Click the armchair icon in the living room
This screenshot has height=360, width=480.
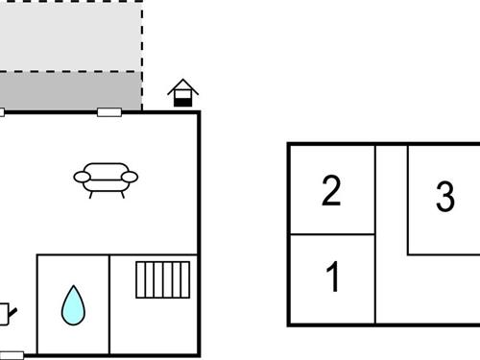[106, 179]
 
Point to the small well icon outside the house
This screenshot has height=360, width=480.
[182, 93]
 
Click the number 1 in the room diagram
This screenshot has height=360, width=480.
[332, 278]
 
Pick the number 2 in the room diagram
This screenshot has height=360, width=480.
[331, 191]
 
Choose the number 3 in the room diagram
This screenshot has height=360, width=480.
[444, 197]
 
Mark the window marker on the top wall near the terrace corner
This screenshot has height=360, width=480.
[109, 112]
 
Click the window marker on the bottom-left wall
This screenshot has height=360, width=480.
[12, 355]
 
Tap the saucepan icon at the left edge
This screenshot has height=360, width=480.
[6, 311]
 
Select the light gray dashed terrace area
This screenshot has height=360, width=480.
[71, 36]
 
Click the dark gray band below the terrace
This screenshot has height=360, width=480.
[71, 91]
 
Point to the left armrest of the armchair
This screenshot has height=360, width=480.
[81, 176]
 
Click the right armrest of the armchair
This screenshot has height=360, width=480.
[131, 176]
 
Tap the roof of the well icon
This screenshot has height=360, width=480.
[182, 85]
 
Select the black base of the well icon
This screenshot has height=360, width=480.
[182, 101]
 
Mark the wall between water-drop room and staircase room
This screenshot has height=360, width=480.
[109, 303]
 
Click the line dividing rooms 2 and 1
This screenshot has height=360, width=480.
[332, 234]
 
